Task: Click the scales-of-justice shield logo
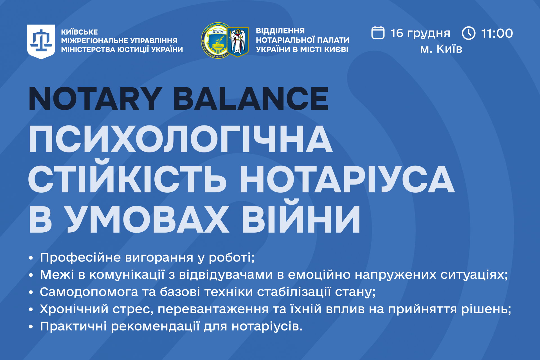(41, 42)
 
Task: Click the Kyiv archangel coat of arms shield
(238, 42)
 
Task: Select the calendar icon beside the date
(378, 33)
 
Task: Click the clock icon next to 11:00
(469, 33)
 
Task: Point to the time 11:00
(497, 33)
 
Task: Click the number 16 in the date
(397, 33)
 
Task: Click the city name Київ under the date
(449, 49)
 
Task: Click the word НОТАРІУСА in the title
(347, 179)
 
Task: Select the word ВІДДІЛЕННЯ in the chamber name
(280, 31)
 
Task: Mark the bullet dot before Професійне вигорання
(31, 258)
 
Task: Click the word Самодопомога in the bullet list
(89, 292)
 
